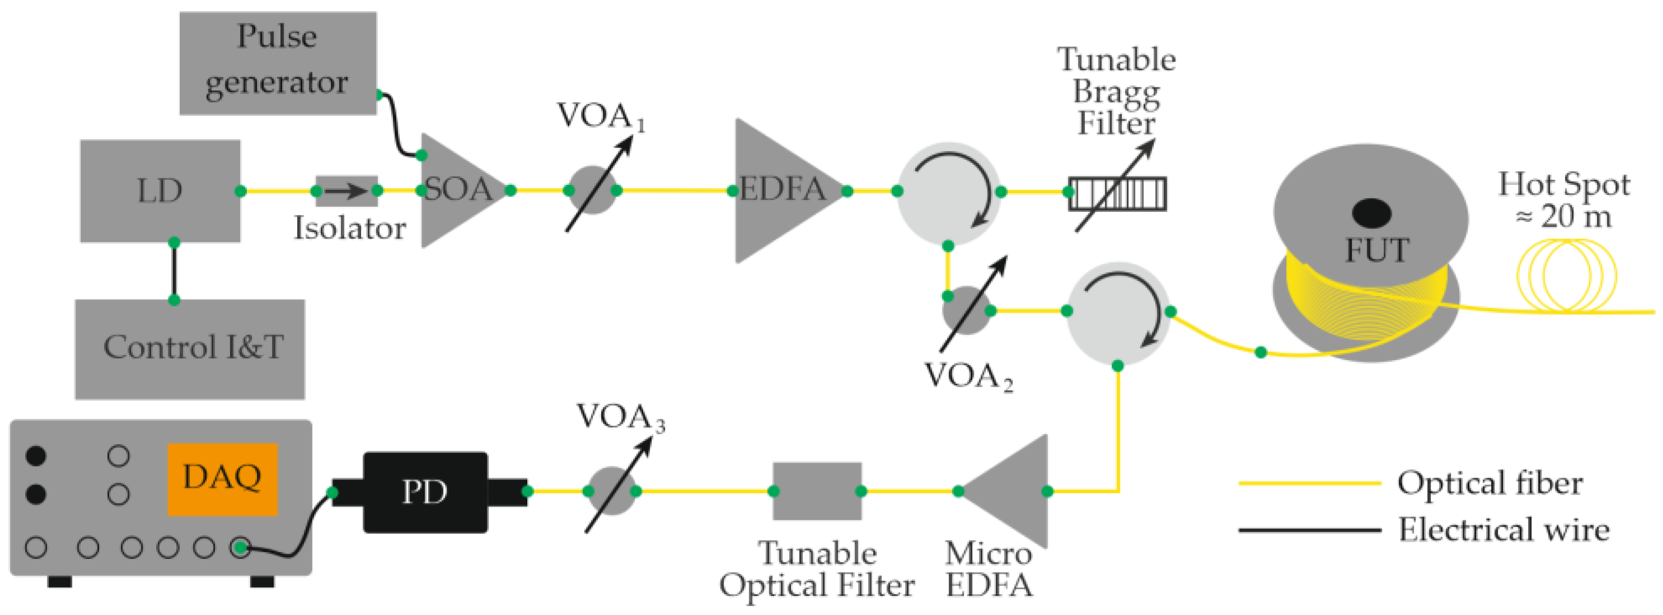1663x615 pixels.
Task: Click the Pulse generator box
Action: tap(278, 63)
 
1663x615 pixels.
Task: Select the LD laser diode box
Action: tap(160, 190)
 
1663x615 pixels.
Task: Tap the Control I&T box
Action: tap(190, 349)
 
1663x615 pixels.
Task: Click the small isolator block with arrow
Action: tap(346, 190)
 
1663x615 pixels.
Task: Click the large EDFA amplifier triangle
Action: tap(781, 190)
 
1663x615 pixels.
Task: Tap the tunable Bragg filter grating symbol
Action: tap(1117, 194)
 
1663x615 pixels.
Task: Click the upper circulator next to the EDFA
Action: tap(949, 193)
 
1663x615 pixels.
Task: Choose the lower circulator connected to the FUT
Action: tap(1118, 313)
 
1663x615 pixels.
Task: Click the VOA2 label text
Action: tap(967, 376)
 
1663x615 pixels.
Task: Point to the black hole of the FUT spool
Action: tap(1371, 213)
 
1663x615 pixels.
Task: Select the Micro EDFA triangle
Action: tap(1010, 492)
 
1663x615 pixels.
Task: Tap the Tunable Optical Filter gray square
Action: tap(817, 491)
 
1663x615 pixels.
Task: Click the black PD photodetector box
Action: tap(425, 492)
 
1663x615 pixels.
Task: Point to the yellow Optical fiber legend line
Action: tap(1309, 483)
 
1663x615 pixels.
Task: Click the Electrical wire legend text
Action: tap(1503, 530)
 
